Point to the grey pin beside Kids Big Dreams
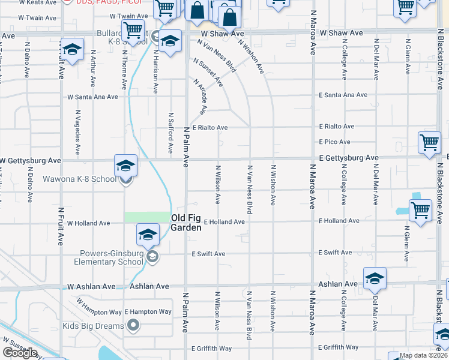pos(133,326)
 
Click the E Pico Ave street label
pos(334,142)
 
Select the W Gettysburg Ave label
pos(31,161)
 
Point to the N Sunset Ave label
pos(208,72)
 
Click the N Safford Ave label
pos(170,132)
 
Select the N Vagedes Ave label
pos(77,130)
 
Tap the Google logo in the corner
pos(20,353)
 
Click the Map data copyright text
pos(422,355)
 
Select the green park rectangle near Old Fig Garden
pos(146,217)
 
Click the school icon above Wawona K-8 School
pos(125,165)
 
